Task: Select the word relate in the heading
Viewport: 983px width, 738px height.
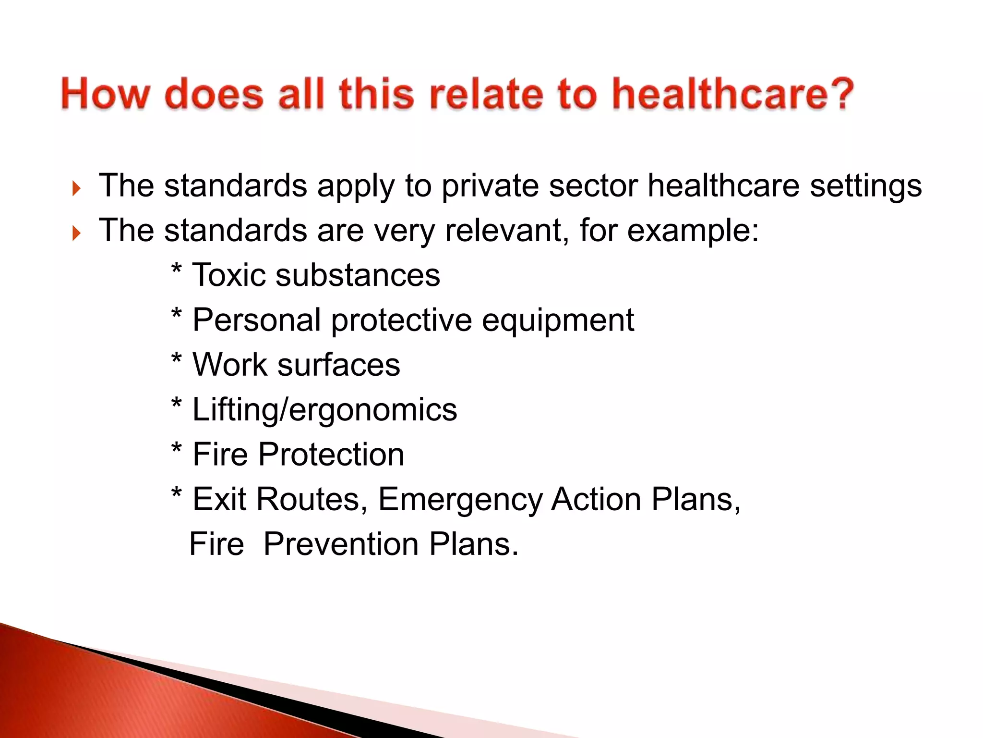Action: pyautogui.click(x=486, y=94)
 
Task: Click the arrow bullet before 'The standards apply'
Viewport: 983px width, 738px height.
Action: pyautogui.click(x=76, y=188)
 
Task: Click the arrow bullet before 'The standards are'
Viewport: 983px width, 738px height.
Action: pyautogui.click(x=76, y=234)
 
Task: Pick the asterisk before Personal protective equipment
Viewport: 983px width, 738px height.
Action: pyautogui.click(x=177, y=315)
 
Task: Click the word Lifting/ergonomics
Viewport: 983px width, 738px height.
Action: pyautogui.click(x=324, y=410)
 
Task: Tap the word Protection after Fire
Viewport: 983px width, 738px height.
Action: pyautogui.click(x=331, y=455)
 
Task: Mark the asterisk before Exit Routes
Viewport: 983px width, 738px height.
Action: pyautogui.click(x=177, y=494)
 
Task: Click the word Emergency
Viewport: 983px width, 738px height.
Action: pyautogui.click(x=460, y=500)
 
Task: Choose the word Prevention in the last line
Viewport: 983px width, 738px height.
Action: pyautogui.click(x=341, y=544)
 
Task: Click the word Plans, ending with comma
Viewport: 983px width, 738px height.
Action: pyautogui.click(x=695, y=500)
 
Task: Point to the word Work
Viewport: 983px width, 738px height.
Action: pyautogui.click(x=229, y=365)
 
